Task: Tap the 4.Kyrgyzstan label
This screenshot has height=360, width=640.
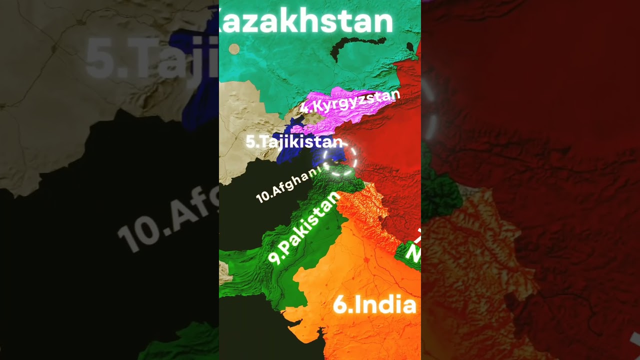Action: tap(350, 100)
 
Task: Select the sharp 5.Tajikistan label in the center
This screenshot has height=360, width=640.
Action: tap(294, 142)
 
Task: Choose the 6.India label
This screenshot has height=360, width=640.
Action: tap(374, 304)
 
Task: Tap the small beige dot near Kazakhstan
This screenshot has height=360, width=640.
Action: tap(234, 48)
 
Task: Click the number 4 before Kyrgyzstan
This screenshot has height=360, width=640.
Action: tap(304, 107)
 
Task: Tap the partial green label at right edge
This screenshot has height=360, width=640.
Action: tap(413, 250)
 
